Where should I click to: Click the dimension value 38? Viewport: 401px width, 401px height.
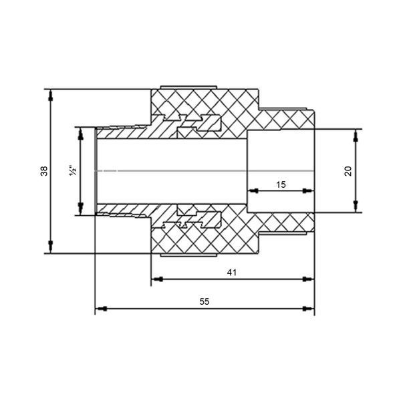(x=44, y=171)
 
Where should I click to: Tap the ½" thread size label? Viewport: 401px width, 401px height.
(x=73, y=170)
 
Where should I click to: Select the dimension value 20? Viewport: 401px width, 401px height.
(x=348, y=171)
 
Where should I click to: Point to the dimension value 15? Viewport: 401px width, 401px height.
(x=281, y=184)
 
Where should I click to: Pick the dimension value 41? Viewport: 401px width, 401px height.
(x=232, y=273)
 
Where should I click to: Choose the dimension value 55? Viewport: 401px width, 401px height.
(x=205, y=302)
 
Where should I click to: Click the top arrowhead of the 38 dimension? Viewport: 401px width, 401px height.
(x=51, y=96)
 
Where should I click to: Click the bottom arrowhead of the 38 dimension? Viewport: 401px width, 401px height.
(x=51, y=247)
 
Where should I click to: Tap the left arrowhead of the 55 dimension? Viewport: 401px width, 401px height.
(x=102, y=309)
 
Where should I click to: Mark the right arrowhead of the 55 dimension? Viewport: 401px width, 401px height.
(x=308, y=309)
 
